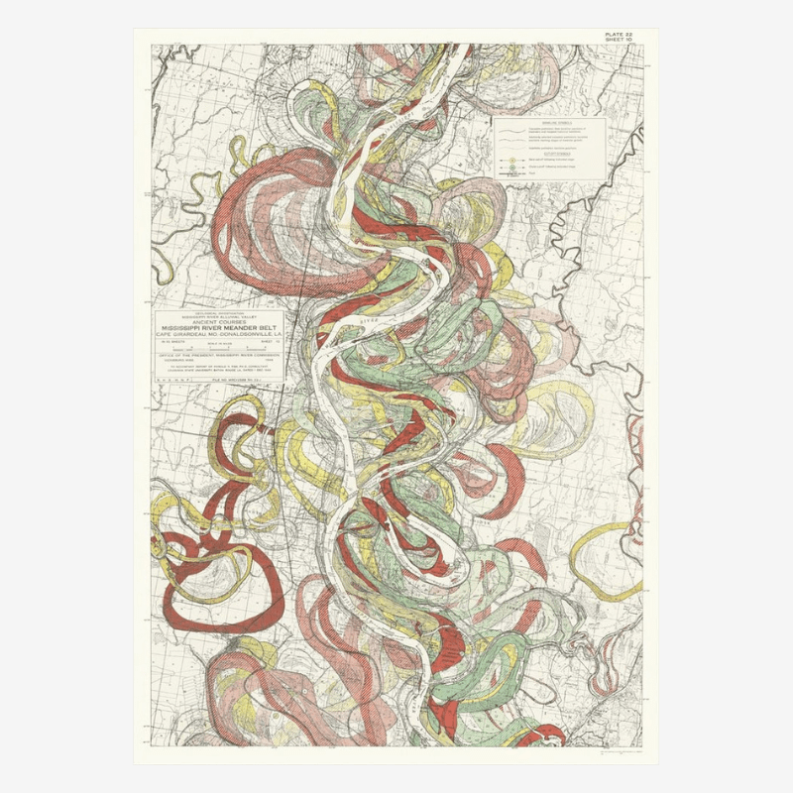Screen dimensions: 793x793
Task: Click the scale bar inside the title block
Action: [x=218, y=350]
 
